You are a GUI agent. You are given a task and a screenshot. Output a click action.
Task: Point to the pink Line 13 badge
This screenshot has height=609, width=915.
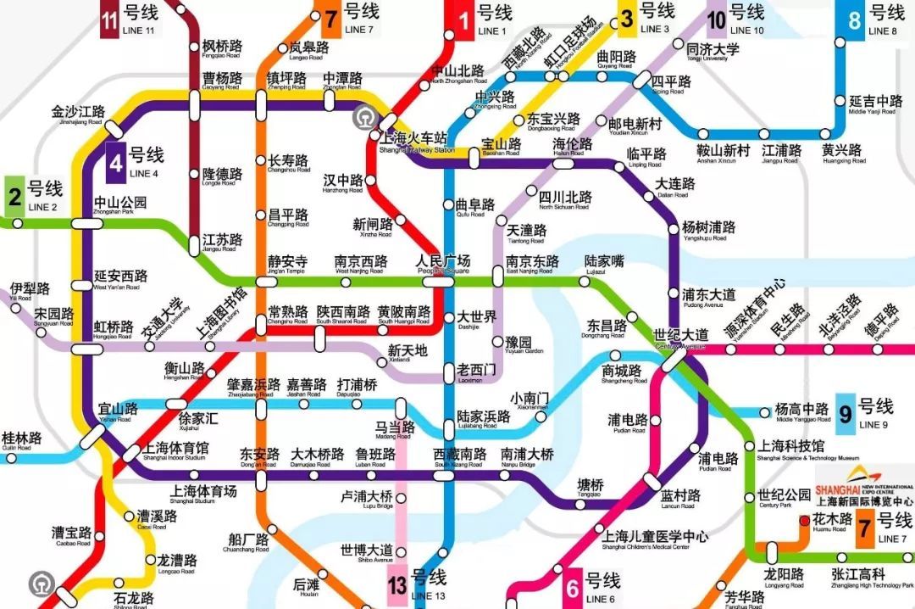(397, 586)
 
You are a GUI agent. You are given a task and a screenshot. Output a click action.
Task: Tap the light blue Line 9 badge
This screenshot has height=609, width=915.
(845, 415)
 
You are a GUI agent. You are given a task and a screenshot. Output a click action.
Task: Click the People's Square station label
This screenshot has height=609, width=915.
(442, 262)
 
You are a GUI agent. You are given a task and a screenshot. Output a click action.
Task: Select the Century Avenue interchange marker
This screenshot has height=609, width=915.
(674, 360)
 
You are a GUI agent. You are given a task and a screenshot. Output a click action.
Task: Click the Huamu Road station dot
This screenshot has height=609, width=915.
(803, 520)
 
